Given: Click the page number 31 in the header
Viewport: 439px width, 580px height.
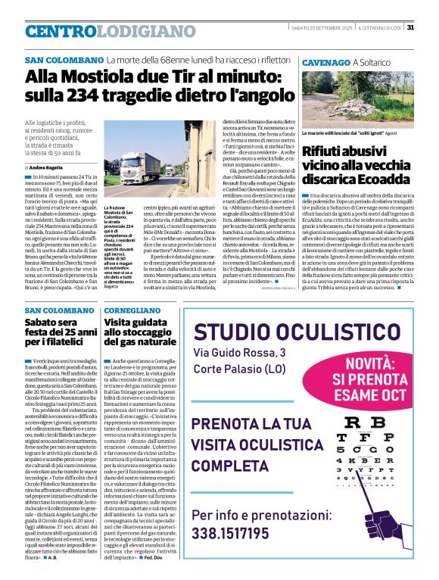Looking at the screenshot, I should pos(409,28).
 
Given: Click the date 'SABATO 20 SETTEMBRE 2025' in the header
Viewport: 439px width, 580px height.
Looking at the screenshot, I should pos(322,28).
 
